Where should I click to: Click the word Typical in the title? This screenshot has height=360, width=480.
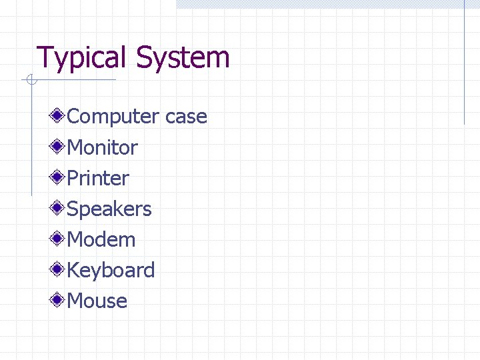tap(83, 57)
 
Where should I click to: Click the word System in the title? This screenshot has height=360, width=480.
tap(183, 57)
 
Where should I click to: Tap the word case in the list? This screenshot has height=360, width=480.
tap(186, 117)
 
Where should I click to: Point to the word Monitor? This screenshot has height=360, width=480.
tap(103, 147)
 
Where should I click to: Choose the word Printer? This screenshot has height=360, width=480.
tap(98, 178)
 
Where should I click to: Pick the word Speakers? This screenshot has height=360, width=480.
tap(109, 209)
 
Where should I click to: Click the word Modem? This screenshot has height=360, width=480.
tap(101, 239)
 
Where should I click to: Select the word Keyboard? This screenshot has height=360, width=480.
tap(111, 270)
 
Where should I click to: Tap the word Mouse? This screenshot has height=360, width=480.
tap(97, 301)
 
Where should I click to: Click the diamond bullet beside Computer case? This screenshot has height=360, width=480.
tap(59, 117)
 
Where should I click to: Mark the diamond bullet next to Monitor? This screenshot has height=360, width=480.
tap(59, 147)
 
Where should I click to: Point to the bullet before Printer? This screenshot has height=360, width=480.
tap(59, 178)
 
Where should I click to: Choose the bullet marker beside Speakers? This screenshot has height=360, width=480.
tap(59, 209)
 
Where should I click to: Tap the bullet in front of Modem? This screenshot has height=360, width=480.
tap(59, 239)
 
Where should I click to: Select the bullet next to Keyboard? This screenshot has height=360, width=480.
tap(59, 270)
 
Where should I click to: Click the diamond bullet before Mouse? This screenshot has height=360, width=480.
tap(59, 301)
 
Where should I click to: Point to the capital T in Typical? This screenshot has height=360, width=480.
tap(44, 57)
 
